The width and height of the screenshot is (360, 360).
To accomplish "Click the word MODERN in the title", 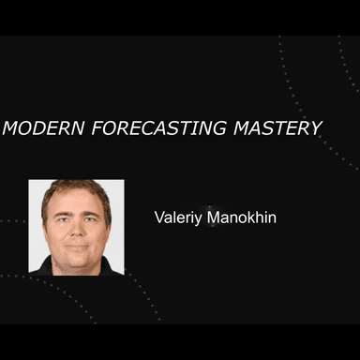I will click(41, 127).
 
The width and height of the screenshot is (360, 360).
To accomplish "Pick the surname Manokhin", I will click(244, 217).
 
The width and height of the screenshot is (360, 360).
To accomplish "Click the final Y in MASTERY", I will click(316, 127).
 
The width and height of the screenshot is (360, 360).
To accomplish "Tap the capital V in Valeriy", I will click(159, 217).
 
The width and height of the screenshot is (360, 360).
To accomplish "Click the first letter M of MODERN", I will click(11, 127).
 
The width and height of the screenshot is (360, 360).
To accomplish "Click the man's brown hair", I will click(75, 188).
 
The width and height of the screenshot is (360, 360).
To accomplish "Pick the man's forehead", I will click(75, 202).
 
